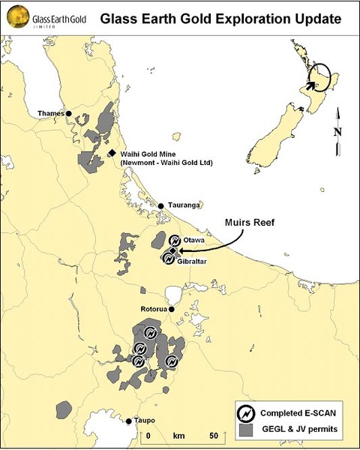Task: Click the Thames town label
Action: tap(51, 114)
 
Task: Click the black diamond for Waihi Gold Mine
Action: tap(112, 152)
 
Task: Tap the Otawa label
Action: tap(193, 241)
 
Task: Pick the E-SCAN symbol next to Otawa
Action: tap(175, 241)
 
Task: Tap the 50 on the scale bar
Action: tap(214, 435)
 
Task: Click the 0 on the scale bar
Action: tap(149, 435)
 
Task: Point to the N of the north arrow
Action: tap(338, 133)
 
